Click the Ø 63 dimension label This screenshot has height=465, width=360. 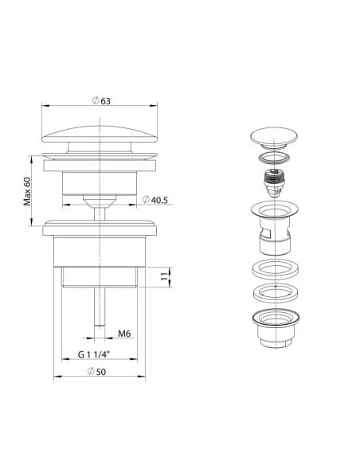pos(101,101)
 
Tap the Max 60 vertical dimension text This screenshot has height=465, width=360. pos(27,191)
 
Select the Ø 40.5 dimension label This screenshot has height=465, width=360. pos(155,200)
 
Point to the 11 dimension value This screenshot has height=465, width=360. pos(164,276)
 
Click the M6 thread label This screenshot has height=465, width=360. pos(124,334)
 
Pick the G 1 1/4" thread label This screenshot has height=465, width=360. pos(94,354)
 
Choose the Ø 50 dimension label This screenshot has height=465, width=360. pos(96,372)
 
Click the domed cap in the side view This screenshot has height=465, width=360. pos(100,134)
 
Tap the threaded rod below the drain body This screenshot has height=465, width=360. pos(100,307)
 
